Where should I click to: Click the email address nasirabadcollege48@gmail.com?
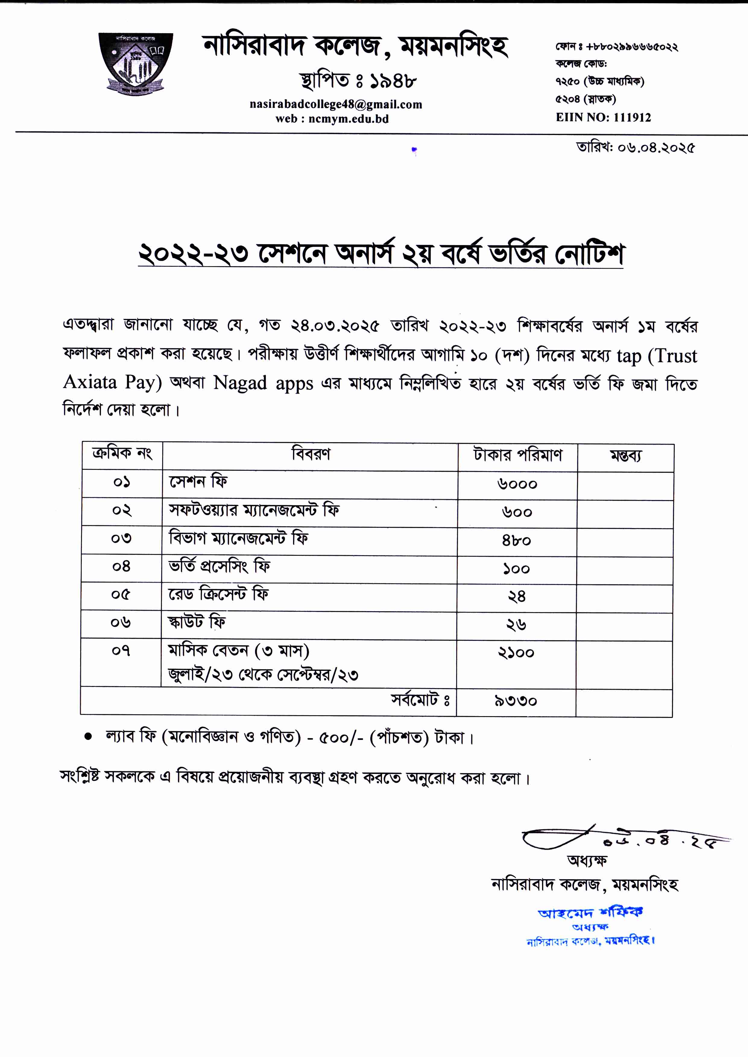336,105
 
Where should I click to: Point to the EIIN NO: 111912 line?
603,117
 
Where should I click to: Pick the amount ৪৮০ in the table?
516,540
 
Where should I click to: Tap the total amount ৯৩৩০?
516,701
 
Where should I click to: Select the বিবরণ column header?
311,455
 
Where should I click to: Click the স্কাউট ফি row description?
197,622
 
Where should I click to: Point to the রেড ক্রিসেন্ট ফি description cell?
218,594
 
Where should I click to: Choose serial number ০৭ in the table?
121,651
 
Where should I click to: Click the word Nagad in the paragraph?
239,382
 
